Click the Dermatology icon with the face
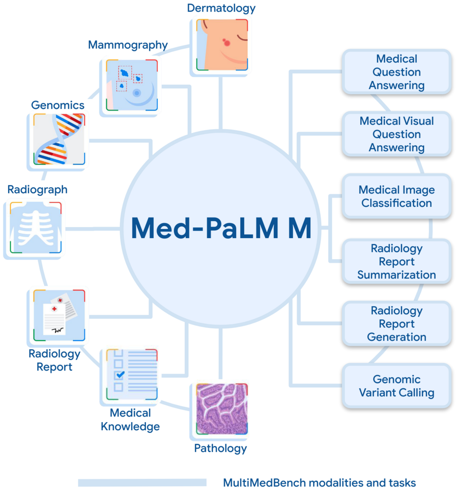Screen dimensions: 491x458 pos(222,44)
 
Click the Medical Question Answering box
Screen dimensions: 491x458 pos(396,72)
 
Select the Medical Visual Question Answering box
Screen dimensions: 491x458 pos(396,134)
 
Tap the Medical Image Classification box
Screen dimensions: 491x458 pos(396,197)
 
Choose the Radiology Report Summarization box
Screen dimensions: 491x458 pos(396,261)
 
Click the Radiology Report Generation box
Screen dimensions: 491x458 pos(396,323)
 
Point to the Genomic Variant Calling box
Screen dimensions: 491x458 pos(396,386)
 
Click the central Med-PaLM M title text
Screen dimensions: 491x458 pos(221,228)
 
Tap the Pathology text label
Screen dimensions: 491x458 pos(221,448)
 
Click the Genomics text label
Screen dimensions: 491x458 pos(58,105)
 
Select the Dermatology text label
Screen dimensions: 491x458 pos(221,8)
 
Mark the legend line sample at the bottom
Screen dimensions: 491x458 pos(142,483)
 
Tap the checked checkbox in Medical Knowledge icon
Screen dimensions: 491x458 pos(119,374)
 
